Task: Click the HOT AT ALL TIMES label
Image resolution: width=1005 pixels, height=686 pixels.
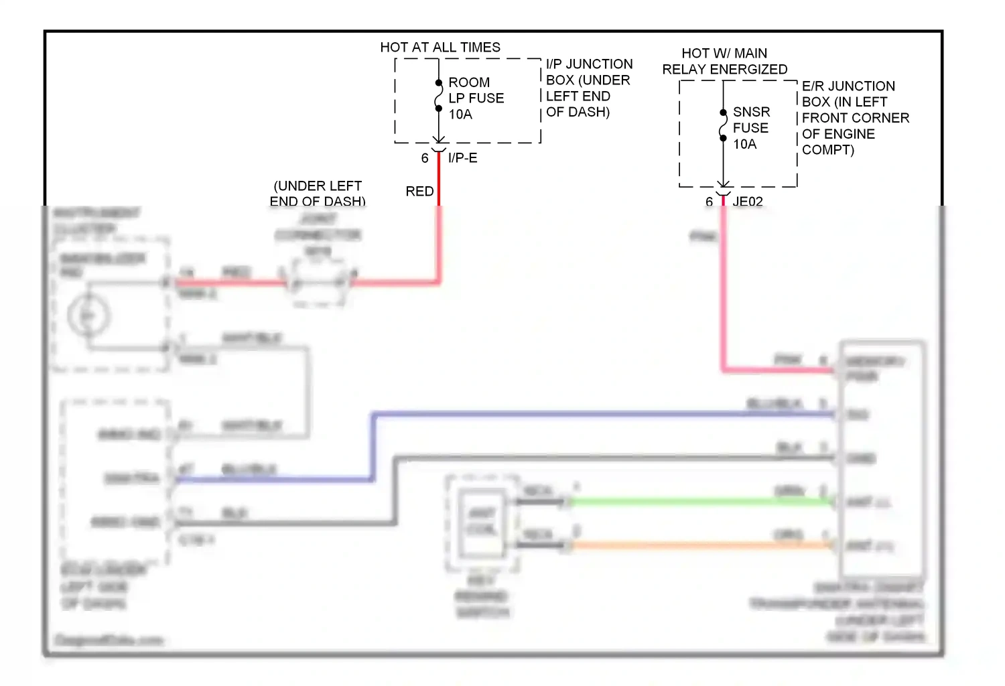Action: (440, 47)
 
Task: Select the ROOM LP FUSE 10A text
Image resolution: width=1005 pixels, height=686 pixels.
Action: (476, 98)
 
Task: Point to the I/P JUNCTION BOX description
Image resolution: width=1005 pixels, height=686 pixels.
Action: (588, 88)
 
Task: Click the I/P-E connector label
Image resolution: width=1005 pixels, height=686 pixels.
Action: (462, 158)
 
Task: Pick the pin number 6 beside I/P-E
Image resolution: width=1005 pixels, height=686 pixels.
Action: (425, 158)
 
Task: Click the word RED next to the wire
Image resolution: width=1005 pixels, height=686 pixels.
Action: (419, 192)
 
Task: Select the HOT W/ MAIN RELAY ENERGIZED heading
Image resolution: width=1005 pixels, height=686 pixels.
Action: (724, 61)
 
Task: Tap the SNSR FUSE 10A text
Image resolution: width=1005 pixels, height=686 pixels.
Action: (750, 127)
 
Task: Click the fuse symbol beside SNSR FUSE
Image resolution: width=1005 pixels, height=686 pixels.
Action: (723, 125)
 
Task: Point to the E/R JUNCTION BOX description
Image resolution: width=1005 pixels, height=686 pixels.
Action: (855, 118)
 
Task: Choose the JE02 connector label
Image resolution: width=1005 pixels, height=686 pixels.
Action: (747, 202)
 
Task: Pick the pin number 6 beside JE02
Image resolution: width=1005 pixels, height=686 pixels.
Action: (709, 202)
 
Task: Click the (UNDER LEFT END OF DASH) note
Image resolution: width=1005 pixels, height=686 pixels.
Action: (318, 193)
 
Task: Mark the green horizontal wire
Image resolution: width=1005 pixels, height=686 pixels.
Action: (697, 502)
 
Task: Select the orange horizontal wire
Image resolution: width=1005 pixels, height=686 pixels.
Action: (697, 545)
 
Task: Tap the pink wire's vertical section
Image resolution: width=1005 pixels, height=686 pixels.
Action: (724, 288)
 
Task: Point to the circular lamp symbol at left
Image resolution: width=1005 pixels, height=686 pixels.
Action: (88, 315)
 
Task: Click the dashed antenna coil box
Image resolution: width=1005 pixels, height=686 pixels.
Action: (482, 523)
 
